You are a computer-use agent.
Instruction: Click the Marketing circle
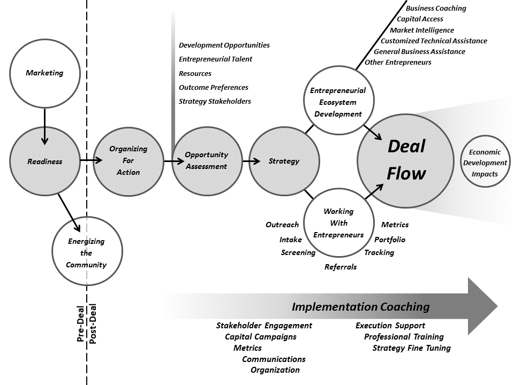[45, 73]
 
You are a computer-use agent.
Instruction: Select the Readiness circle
[45, 161]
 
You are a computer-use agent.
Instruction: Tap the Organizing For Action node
[128, 161]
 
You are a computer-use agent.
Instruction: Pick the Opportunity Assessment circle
[207, 161]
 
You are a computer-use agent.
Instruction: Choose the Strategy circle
[284, 161]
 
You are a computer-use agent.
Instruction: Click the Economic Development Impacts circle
[485, 161]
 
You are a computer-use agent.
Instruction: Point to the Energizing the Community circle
[87, 251]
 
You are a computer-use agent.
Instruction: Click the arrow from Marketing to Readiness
[45, 127]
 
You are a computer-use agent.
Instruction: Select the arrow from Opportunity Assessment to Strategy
[252, 161]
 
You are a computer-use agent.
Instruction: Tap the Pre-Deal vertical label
[80, 324]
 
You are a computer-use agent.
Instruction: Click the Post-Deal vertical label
[93, 324]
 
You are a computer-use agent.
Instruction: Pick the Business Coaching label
[436, 8]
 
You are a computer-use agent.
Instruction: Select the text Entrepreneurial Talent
[215, 59]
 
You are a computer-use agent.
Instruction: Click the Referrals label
[341, 267]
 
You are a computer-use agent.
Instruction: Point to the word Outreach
[282, 225]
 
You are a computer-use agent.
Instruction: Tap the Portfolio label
[390, 240]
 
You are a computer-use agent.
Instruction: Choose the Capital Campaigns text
[261, 337]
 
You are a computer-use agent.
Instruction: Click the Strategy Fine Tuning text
[411, 348]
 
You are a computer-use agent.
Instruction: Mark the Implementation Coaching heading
[360, 307]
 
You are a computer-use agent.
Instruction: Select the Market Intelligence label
[422, 30]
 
